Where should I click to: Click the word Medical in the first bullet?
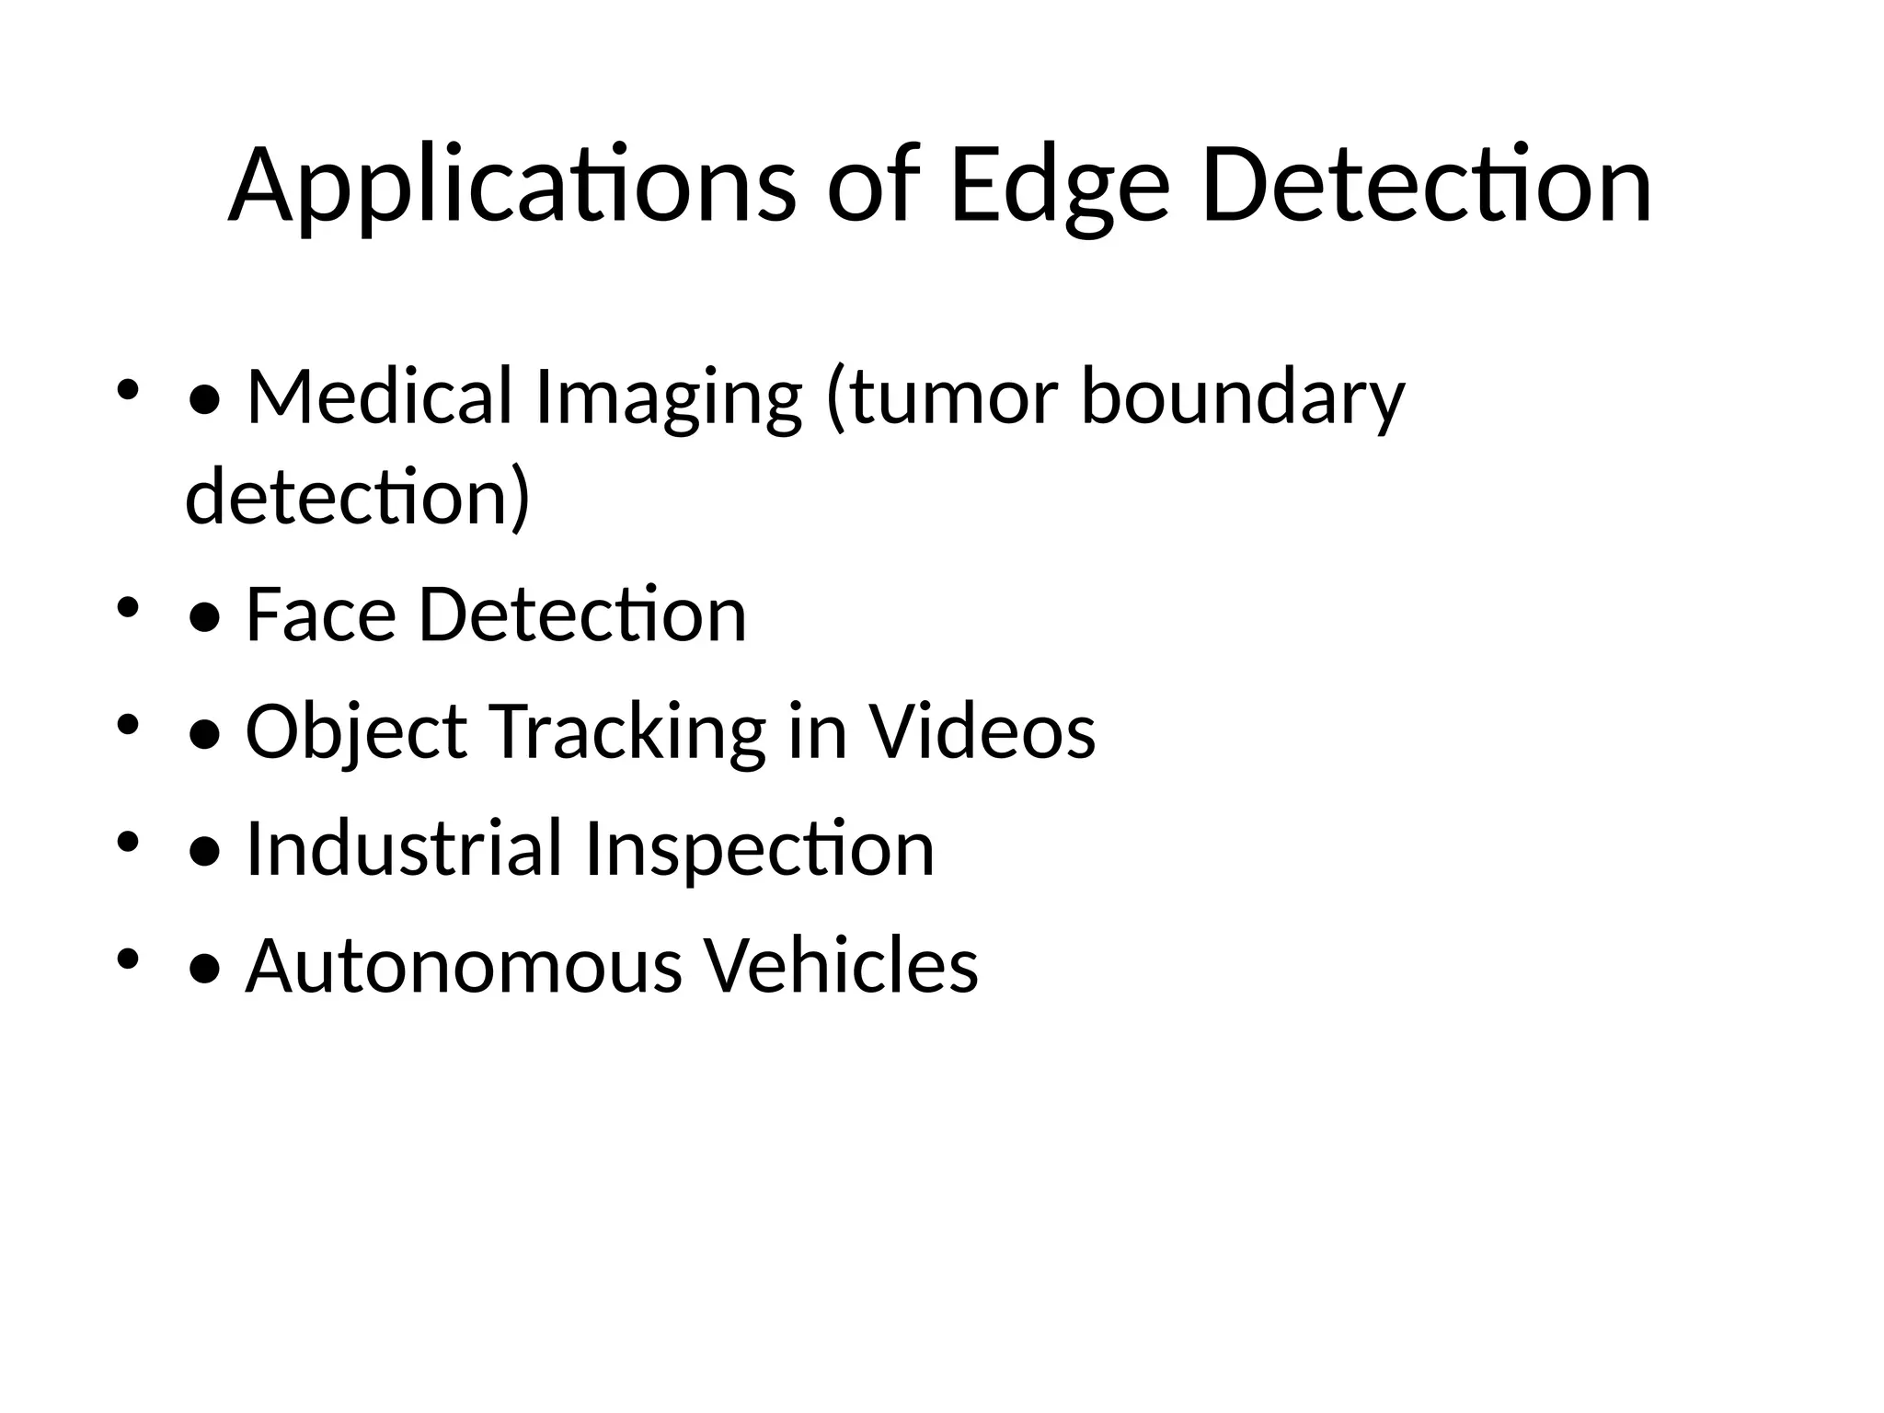coord(379,396)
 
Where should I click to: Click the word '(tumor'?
coord(942,397)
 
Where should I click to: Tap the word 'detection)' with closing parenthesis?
coord(358,497)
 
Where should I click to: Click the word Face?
coord(320,615)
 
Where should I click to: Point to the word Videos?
coord(982,731)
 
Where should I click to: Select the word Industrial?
coord(404,848)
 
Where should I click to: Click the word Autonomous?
coord(464,966)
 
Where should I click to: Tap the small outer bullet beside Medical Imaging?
coord(128,389)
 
